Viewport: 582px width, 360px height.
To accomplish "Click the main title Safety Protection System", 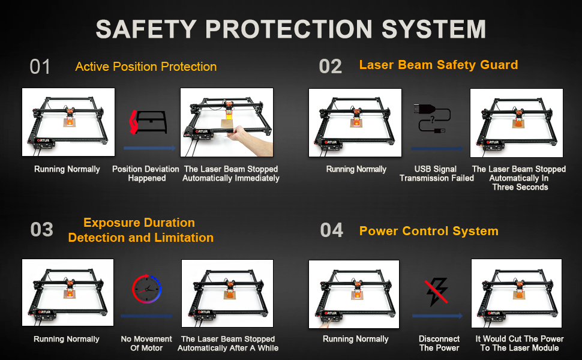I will click(291, 29).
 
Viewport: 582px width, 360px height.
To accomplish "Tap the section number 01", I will click(40, 67).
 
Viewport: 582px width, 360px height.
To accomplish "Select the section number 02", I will click(331, 67).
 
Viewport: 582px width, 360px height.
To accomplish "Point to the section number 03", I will click(41, 230).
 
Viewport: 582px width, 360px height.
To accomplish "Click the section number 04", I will click(332, 230).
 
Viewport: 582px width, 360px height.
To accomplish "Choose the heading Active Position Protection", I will click(146, 67).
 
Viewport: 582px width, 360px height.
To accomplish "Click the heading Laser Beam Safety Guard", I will click(438, 65).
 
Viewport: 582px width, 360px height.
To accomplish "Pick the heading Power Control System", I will click(428, 231).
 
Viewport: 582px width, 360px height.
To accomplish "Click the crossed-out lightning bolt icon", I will click(437, 292).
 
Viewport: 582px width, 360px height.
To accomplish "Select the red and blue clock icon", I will click(147, 291).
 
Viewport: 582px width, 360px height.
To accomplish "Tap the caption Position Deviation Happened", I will click(146, 173).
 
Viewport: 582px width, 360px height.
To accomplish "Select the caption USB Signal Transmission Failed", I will click(436, 173).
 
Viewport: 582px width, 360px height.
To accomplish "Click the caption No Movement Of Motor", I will click(146, 343).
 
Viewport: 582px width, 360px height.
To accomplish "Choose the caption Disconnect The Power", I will click(439, 343).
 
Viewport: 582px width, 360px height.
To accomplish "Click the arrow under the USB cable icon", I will click(437, 148).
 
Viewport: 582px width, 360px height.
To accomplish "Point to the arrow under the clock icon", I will click(146, 316).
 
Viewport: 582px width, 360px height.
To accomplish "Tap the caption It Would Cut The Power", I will click(520, 343).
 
